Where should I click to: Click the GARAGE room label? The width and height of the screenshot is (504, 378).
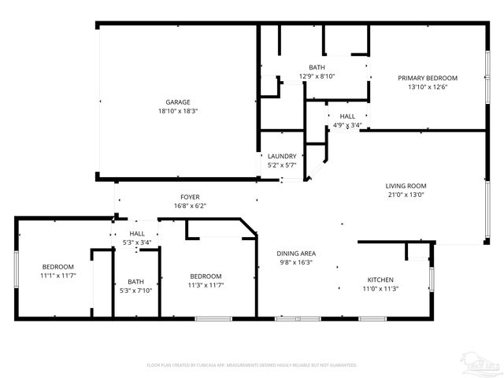coord(177,102)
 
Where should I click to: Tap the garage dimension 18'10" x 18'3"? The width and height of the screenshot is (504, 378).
coord(177,111)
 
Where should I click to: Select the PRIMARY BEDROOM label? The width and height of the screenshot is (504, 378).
coord(428,78)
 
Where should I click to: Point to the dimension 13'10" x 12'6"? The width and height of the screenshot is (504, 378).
coord(428,87)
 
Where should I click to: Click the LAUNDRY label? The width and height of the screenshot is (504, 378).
coord(282,156)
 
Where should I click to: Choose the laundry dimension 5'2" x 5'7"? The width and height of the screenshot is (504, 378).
coord(282,165)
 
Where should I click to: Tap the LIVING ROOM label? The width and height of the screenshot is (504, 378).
coord(405,186)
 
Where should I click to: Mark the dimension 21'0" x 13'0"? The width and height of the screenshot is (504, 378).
coord(405,195)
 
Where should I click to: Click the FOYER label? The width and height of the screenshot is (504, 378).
coord(190,197)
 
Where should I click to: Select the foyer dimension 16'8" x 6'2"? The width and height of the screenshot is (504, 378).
coord(190,206)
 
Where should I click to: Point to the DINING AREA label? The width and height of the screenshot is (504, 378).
coord(296,253)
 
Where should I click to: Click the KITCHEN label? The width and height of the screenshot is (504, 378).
coord(380,280)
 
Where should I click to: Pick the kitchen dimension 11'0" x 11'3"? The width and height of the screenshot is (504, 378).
coord(380,289)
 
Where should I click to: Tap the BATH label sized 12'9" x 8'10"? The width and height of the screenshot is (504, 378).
coord(317,68)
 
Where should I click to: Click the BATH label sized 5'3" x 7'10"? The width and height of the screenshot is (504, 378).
coord(136,281)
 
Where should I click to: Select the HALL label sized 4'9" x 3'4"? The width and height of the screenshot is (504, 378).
coord(347,116)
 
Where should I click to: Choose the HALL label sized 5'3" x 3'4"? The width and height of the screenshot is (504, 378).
coord(137,234)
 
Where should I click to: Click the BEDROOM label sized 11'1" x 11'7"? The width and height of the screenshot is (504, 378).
coord(57,267)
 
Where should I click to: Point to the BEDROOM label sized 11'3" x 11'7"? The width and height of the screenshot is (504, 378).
coord(206,276)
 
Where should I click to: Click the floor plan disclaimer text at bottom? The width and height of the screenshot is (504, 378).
coord(252,365)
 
